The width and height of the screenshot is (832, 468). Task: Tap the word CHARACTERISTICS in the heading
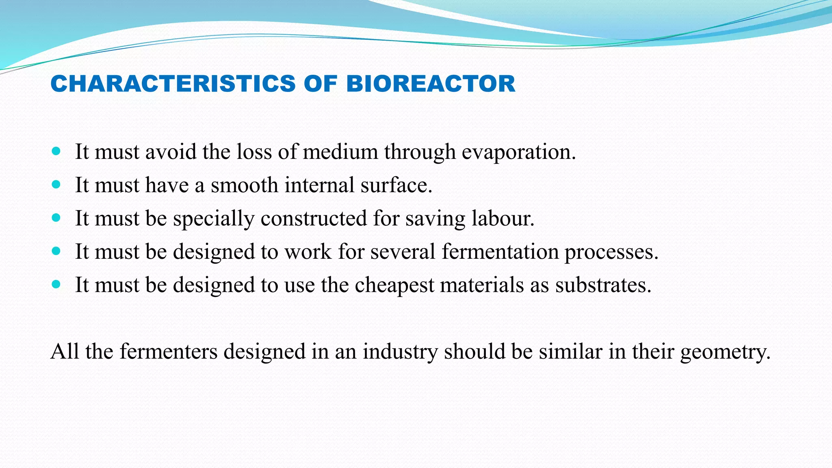173,84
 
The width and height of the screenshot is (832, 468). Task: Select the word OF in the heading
321,84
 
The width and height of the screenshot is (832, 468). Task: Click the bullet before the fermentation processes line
56,251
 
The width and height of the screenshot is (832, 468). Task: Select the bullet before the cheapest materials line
56,284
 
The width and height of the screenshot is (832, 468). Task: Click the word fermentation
500,251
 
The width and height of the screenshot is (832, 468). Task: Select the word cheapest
394,285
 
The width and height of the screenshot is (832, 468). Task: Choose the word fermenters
169,351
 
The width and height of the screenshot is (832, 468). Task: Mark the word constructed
314,219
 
